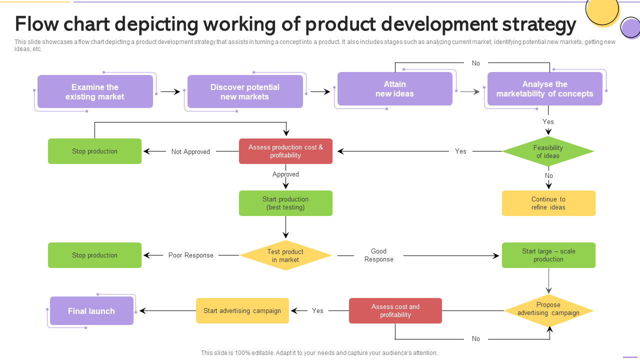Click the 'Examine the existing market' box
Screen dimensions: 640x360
(x=95, y=91)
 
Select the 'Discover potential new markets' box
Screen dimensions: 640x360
(x=245, y=91)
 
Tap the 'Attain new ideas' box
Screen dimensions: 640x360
(x=395, y=89)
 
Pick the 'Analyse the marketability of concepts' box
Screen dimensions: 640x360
(x=545, y=89)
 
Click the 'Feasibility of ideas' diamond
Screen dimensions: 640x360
(x=548, y=151)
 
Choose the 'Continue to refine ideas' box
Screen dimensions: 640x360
(x=548, y=203)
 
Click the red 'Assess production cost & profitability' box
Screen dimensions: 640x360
(x=285, y=151)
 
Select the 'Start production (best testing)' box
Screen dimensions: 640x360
(x=285, y=203)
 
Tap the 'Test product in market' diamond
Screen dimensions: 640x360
(x=285, y=255)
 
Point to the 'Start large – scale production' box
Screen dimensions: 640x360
(x=548, y=255)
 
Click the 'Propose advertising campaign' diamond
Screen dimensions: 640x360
(x=548, y=310)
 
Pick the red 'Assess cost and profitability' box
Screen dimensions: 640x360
(x=395, y=310)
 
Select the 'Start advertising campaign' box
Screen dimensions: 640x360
(x=242, y=310)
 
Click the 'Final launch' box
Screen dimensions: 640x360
(x=91, y=311)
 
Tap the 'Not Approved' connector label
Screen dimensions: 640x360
(x=190, y=151)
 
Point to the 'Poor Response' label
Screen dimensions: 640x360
(x=191, y=255)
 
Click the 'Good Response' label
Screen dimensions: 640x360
(x=379, y=255)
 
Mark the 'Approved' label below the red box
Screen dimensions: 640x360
(x=285, y=174)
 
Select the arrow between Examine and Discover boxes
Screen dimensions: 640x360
(x=170, y=91)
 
